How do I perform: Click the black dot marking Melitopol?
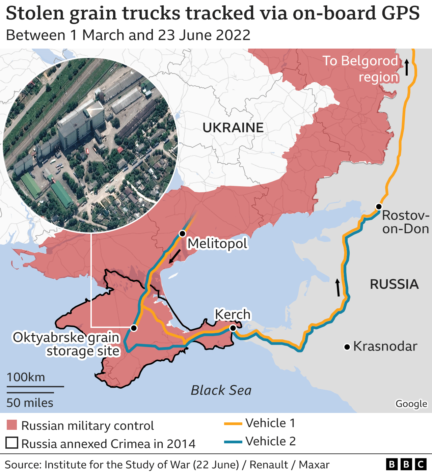(183, 233)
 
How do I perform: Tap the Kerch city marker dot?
(233, 328)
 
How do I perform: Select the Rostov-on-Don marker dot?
(379, 206)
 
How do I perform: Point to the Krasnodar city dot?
(347, 347)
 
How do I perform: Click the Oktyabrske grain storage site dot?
(134, 328)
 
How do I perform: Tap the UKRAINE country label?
(233, 128)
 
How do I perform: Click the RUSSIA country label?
(394, 284)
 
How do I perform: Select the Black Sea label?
(221, 390)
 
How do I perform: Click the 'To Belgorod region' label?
(360, 69)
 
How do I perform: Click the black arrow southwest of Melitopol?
(174, 256)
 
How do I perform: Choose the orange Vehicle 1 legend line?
(233, 423)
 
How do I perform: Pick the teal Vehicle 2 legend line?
(233, 442)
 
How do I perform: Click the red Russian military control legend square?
(12, 425)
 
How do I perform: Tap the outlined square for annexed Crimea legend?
(12, 443)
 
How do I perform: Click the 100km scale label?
(26, 377)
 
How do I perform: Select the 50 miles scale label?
(30, 403)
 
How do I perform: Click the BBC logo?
(406, 465)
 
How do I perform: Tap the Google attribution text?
(411, 404)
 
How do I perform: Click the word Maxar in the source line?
(314, 465)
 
